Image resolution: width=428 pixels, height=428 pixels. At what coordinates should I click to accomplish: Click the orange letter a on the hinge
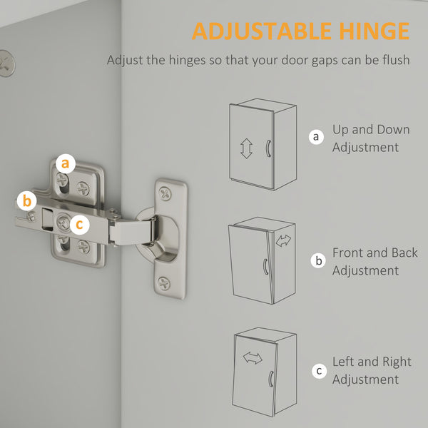(66, 163)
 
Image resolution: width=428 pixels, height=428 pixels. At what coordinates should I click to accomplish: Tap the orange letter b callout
(27, 201)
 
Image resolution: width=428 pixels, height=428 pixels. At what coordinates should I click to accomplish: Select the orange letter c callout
(79, 225)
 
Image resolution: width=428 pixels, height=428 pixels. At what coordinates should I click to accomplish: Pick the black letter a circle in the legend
(316, 136)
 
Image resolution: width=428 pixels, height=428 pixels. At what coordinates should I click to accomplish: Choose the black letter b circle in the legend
(318, 260)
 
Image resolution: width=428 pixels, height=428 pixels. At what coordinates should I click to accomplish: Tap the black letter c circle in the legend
(319, 371)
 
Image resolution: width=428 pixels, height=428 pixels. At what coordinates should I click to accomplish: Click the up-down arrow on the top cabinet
(246, 148)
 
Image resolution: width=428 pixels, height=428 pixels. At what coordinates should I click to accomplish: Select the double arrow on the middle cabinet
(283, 241)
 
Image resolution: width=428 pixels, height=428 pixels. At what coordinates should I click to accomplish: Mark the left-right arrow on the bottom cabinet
(253, 358)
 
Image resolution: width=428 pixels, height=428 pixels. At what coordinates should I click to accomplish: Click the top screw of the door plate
(165, 193)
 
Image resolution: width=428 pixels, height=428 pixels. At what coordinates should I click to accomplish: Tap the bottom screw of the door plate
(164, 283)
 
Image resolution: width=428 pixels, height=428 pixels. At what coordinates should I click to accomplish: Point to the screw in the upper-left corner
(6, 63)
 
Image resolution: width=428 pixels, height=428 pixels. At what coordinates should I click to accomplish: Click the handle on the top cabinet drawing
(268, 148)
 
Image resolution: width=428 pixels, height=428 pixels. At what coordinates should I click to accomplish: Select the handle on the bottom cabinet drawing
(271, 379)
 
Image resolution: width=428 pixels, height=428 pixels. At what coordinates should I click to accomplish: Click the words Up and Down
(371, 129)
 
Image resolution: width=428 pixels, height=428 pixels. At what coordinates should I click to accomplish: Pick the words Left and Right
(372, 362)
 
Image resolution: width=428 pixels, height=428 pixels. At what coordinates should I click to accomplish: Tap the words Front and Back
(374, 253)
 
